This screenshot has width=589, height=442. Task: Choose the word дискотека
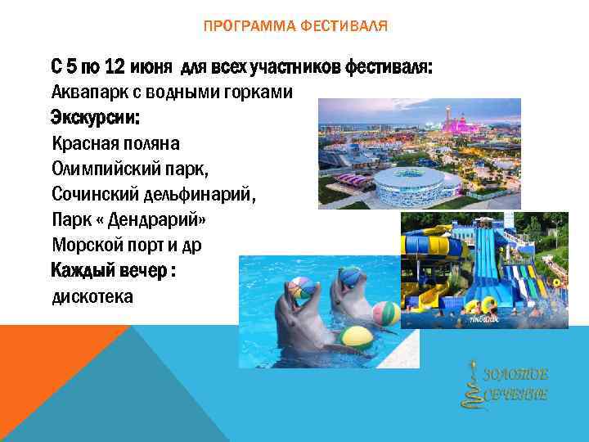92,296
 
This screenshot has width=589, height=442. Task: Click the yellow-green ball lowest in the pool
357,336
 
